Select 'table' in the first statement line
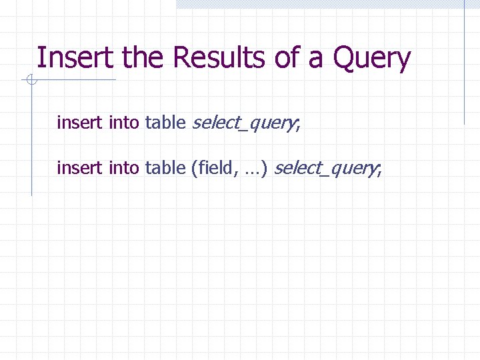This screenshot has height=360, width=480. [x=165, y=123]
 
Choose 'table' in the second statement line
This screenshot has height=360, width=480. [x=165, y=167]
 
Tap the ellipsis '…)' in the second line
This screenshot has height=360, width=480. [x=257, y=168]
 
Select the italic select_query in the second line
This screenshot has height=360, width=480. [x=324, y=168]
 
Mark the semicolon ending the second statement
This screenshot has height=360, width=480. [x=380, y=170]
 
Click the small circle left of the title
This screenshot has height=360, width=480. [x=31, y=81]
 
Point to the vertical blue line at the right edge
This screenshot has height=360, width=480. [x=465, y=67]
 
